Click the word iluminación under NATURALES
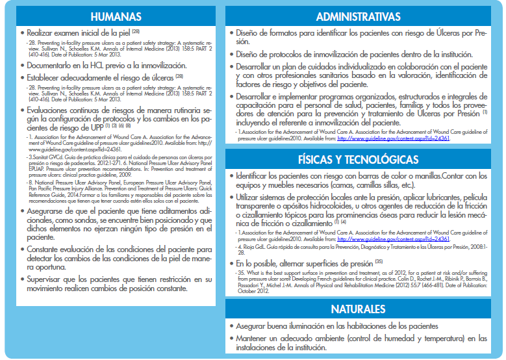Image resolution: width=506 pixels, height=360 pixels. pyautogui.click(x=312, y=325)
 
